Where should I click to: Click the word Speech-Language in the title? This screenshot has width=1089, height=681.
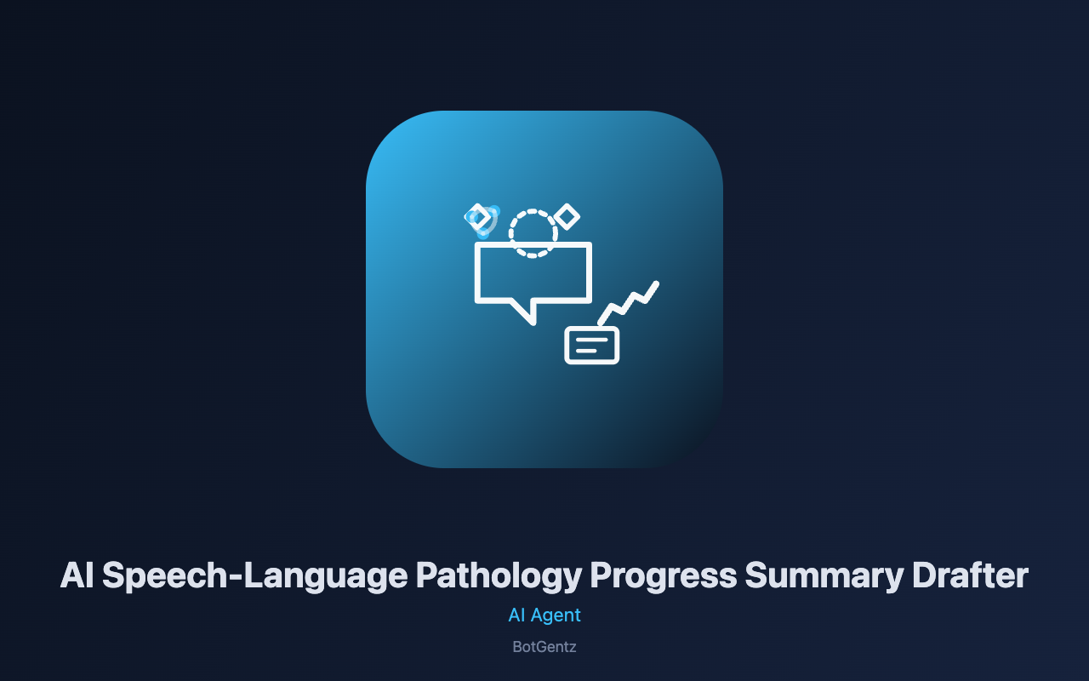(255, 576)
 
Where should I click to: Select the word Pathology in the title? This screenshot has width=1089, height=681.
(499, 576)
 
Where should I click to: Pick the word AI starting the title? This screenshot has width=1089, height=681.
(77, 575)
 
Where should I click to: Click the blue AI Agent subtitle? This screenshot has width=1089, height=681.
(544, 615)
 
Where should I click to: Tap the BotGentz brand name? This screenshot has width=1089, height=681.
(544, 647)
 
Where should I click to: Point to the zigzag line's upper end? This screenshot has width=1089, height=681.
(657, 283)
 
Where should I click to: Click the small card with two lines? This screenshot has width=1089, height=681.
(591, 328)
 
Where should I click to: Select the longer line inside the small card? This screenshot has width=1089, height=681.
(591, 340)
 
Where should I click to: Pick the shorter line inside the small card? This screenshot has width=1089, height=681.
(586, 351)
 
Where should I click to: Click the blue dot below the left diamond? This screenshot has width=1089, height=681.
(483, 234)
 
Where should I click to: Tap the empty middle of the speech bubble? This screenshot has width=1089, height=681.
(533, 275)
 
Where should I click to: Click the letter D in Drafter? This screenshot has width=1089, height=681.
(925, 575)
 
